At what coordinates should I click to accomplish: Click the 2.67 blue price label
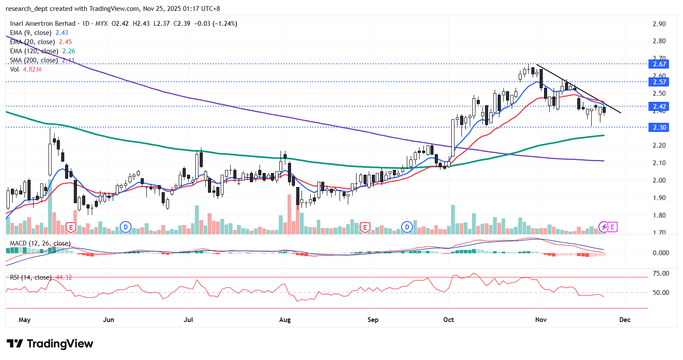pyautogui.click(x=659, y=64)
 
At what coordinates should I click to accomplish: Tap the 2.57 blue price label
pyautogui.click(x=659, y=82)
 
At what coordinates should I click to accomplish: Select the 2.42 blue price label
pyautogui.click(x=659, y=107)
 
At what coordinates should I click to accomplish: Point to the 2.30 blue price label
pyautogui.click(x=659, y=128)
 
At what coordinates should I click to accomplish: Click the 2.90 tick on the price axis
pyautogui.click(x=659, y=24)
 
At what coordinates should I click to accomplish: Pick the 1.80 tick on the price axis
pyautogui.click(x=659, y=215)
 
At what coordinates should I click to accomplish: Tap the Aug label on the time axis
pyautogui.click(x=285, y=320)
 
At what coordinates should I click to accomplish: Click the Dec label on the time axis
pyautogui.click(x=625, y=320)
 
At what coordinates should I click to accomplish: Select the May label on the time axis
pyautogui.click(x=25, y=320)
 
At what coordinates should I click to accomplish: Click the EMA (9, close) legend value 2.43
pyautogui.click(x=62, y=33)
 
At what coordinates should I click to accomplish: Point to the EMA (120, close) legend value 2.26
pyautogui.click(x=69, y=51)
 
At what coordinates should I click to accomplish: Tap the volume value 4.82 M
pyautogui.click(x=32, y=69)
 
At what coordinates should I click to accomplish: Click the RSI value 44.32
pyautogui.click(x=64, y=277)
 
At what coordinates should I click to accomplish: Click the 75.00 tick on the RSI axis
pyautogui.click(x=661, y=273)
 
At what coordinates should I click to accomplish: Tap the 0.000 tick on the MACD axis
pyautogui.click(x=661, y=253)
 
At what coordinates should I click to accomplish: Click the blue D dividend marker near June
pyautogui.click(x=126, y=227)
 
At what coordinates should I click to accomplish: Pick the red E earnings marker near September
pyautogui.click(x=365, y=227)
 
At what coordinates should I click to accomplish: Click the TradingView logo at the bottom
pyautogui.click(x=50, y=344)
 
